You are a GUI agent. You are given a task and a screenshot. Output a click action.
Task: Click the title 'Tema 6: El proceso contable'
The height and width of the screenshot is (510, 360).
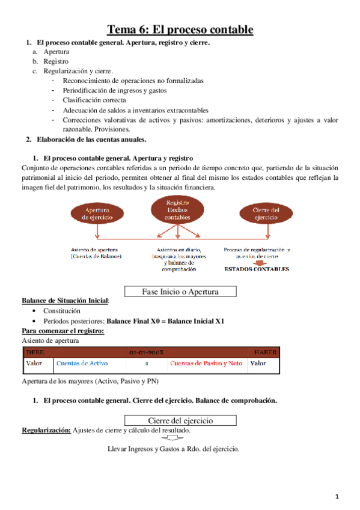(x=180, y=29)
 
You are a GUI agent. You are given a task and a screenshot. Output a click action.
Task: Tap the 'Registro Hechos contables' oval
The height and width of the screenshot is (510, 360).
(x=178, y=210)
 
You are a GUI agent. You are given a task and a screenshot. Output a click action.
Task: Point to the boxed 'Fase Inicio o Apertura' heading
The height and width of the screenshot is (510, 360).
(x=180, y=292)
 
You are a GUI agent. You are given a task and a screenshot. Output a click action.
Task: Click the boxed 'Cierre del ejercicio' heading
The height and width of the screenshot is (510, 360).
(x=180, y=420)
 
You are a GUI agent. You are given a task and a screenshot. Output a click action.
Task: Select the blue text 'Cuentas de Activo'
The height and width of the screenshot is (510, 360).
(x=82, y=363)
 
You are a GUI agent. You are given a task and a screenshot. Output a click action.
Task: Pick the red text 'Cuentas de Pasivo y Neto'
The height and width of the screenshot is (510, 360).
(x=206, y=363)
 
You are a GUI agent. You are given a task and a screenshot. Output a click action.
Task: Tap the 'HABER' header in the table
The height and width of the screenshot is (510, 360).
(x=265, y=352)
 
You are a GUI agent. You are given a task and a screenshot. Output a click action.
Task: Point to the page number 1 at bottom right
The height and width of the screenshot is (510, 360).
(x=338, y=496)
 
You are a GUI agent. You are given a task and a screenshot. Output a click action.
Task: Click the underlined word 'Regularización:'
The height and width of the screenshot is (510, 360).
(x=46, y=431)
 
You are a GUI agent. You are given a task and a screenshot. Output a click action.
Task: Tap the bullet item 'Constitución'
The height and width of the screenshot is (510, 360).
(x=62, y=311)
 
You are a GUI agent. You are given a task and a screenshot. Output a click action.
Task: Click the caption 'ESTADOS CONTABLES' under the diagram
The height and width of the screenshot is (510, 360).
(x=257, y=269)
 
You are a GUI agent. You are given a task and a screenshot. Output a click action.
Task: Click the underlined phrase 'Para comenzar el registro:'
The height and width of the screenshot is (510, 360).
(x=63, y=331)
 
